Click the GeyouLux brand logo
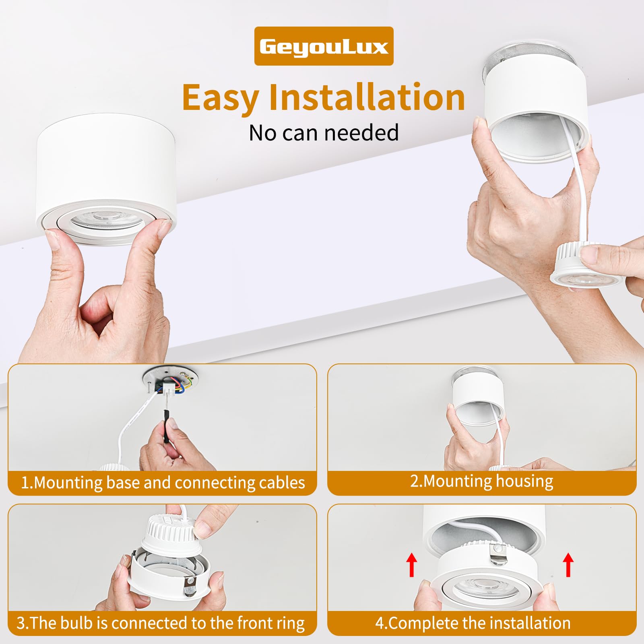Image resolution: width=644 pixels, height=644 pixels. click(x=324, y=46)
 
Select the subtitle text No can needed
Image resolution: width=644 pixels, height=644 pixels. click(x=324, y=132)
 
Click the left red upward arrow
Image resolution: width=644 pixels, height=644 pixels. click(x=411, y=565)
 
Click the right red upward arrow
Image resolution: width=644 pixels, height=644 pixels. click(x=568, y=565)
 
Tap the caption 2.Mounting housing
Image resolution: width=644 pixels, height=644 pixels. click(x=482, y=481)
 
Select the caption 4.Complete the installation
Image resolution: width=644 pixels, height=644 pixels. click(x=473, y=623)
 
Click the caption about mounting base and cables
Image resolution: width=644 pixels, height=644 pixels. click(x=163, y=482)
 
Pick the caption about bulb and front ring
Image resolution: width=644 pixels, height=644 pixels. click(x=160, y=623)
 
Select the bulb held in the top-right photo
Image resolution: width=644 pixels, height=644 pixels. click(x=582, y=266)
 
